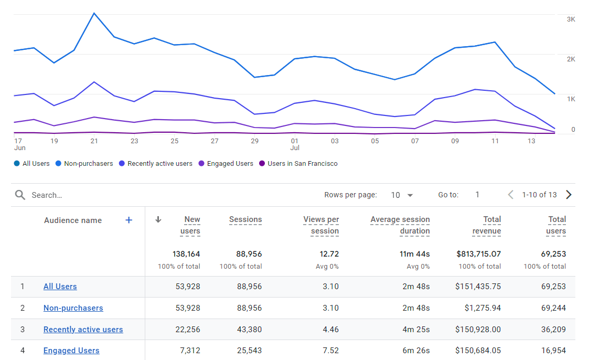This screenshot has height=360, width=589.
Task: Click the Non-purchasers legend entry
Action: tap(88, 164)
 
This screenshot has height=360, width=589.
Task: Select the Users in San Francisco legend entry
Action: tap(302, 164)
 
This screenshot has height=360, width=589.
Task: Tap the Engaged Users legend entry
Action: tap(230, 164)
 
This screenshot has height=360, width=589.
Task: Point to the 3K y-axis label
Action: tap(571, 19)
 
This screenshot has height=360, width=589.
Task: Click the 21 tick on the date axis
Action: tap(94, 141)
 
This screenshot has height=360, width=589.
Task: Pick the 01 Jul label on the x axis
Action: tap(295, 144)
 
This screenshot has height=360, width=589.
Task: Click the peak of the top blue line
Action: tap(94, 13)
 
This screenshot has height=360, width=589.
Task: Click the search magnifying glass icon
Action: tap(20, 195)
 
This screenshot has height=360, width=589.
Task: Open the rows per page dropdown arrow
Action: tap(410, 195)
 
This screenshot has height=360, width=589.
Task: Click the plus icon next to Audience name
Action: tap(128, 220)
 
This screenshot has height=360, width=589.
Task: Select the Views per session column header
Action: tap(321, 225)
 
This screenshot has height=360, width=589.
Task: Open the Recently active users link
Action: tap(83, 330)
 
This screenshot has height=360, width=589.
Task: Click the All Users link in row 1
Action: tap(60, 287)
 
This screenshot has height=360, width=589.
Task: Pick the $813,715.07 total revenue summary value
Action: tap(478, 254)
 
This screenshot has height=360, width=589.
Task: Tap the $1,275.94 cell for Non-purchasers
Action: tap(483, 308)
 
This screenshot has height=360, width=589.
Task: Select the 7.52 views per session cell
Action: tap(330, 351)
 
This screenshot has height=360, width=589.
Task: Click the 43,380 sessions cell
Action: tap(249, 330)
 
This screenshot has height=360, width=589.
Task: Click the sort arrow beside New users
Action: tap(158, 220)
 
